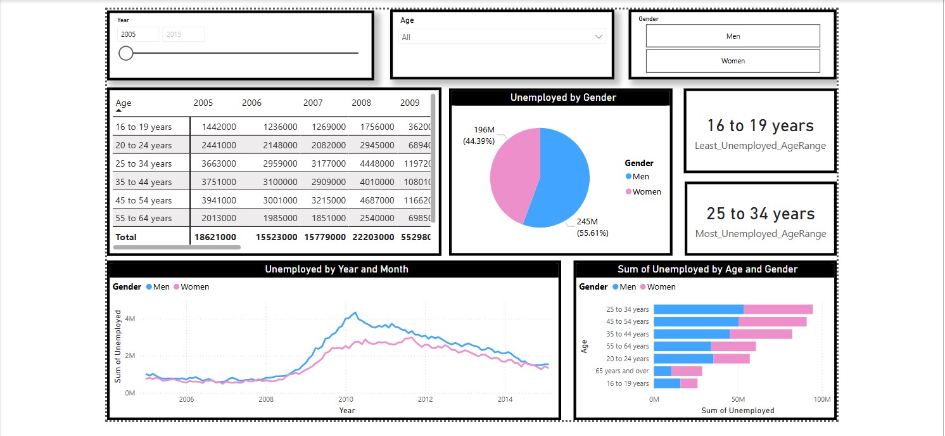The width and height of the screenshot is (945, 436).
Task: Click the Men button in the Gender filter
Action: pos(733,36)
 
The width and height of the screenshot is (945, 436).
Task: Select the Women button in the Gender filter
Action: pos(733,61)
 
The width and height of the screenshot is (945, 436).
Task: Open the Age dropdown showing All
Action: pos(502,37)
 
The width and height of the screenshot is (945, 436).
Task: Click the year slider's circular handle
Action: pos(126,53)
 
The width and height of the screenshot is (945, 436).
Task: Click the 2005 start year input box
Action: pos(138,34)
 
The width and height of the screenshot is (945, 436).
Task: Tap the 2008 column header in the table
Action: pos(361,103)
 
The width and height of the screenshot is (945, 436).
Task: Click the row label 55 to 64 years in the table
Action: pos(144,218)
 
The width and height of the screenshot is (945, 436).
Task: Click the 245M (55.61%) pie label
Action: pos(592,228)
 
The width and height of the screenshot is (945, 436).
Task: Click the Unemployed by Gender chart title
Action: pos(563,98)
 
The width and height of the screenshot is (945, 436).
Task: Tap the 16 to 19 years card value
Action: pos(760,125)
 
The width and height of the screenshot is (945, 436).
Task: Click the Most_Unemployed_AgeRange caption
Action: pos(760,234)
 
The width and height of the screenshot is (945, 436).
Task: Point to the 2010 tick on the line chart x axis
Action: pos(346,399)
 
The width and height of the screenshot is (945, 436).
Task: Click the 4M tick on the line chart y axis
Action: pos(130,319)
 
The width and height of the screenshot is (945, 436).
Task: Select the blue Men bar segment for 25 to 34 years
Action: pos(698,309)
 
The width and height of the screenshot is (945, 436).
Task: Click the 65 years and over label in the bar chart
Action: pos(622,371)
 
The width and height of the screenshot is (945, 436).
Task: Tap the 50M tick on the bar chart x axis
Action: pos(738,399)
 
